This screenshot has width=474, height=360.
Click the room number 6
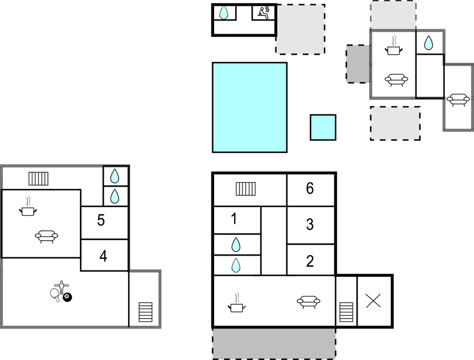pyautogui.click(x=310, y=188)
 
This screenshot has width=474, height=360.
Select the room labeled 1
pyautogui.click(x=234, y=219)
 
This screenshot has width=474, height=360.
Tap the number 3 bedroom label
pyautogui.click(x=310, y=225)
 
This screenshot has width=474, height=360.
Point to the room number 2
pyautogui.click(x=310, y=261)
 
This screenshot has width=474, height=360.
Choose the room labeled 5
pyautogui.click(x=101, y=220)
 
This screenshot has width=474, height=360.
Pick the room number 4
pyautogui.click(x=103, y=256)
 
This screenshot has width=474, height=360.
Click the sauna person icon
pyautogui.click(x=264, y=13)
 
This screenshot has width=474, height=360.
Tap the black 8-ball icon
pyautogui.click(x=67, y=297)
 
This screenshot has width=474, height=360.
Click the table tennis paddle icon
pyautogui.click(x=55, y=294)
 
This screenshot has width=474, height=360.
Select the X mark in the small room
pyautogui.click(x=374, y=301)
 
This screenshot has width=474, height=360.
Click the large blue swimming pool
pyautogui.click(x=250, y=108)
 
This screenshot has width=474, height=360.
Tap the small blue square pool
pyautogui.click(x=323, y=128)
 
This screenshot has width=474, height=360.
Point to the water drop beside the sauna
pyautogui.click(x=223, y=13)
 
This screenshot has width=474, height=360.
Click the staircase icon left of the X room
pyautogui.click(x=347, y=312)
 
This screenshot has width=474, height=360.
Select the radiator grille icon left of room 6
pyautogui.click(x=246, y=189)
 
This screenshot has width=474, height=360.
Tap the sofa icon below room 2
pyautogui.click(x=308, y=301)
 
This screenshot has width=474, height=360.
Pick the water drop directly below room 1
pyautogui.click(x=236, y=245)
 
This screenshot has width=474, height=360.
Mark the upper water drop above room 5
pyautogui.click(x=115, y=176)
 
